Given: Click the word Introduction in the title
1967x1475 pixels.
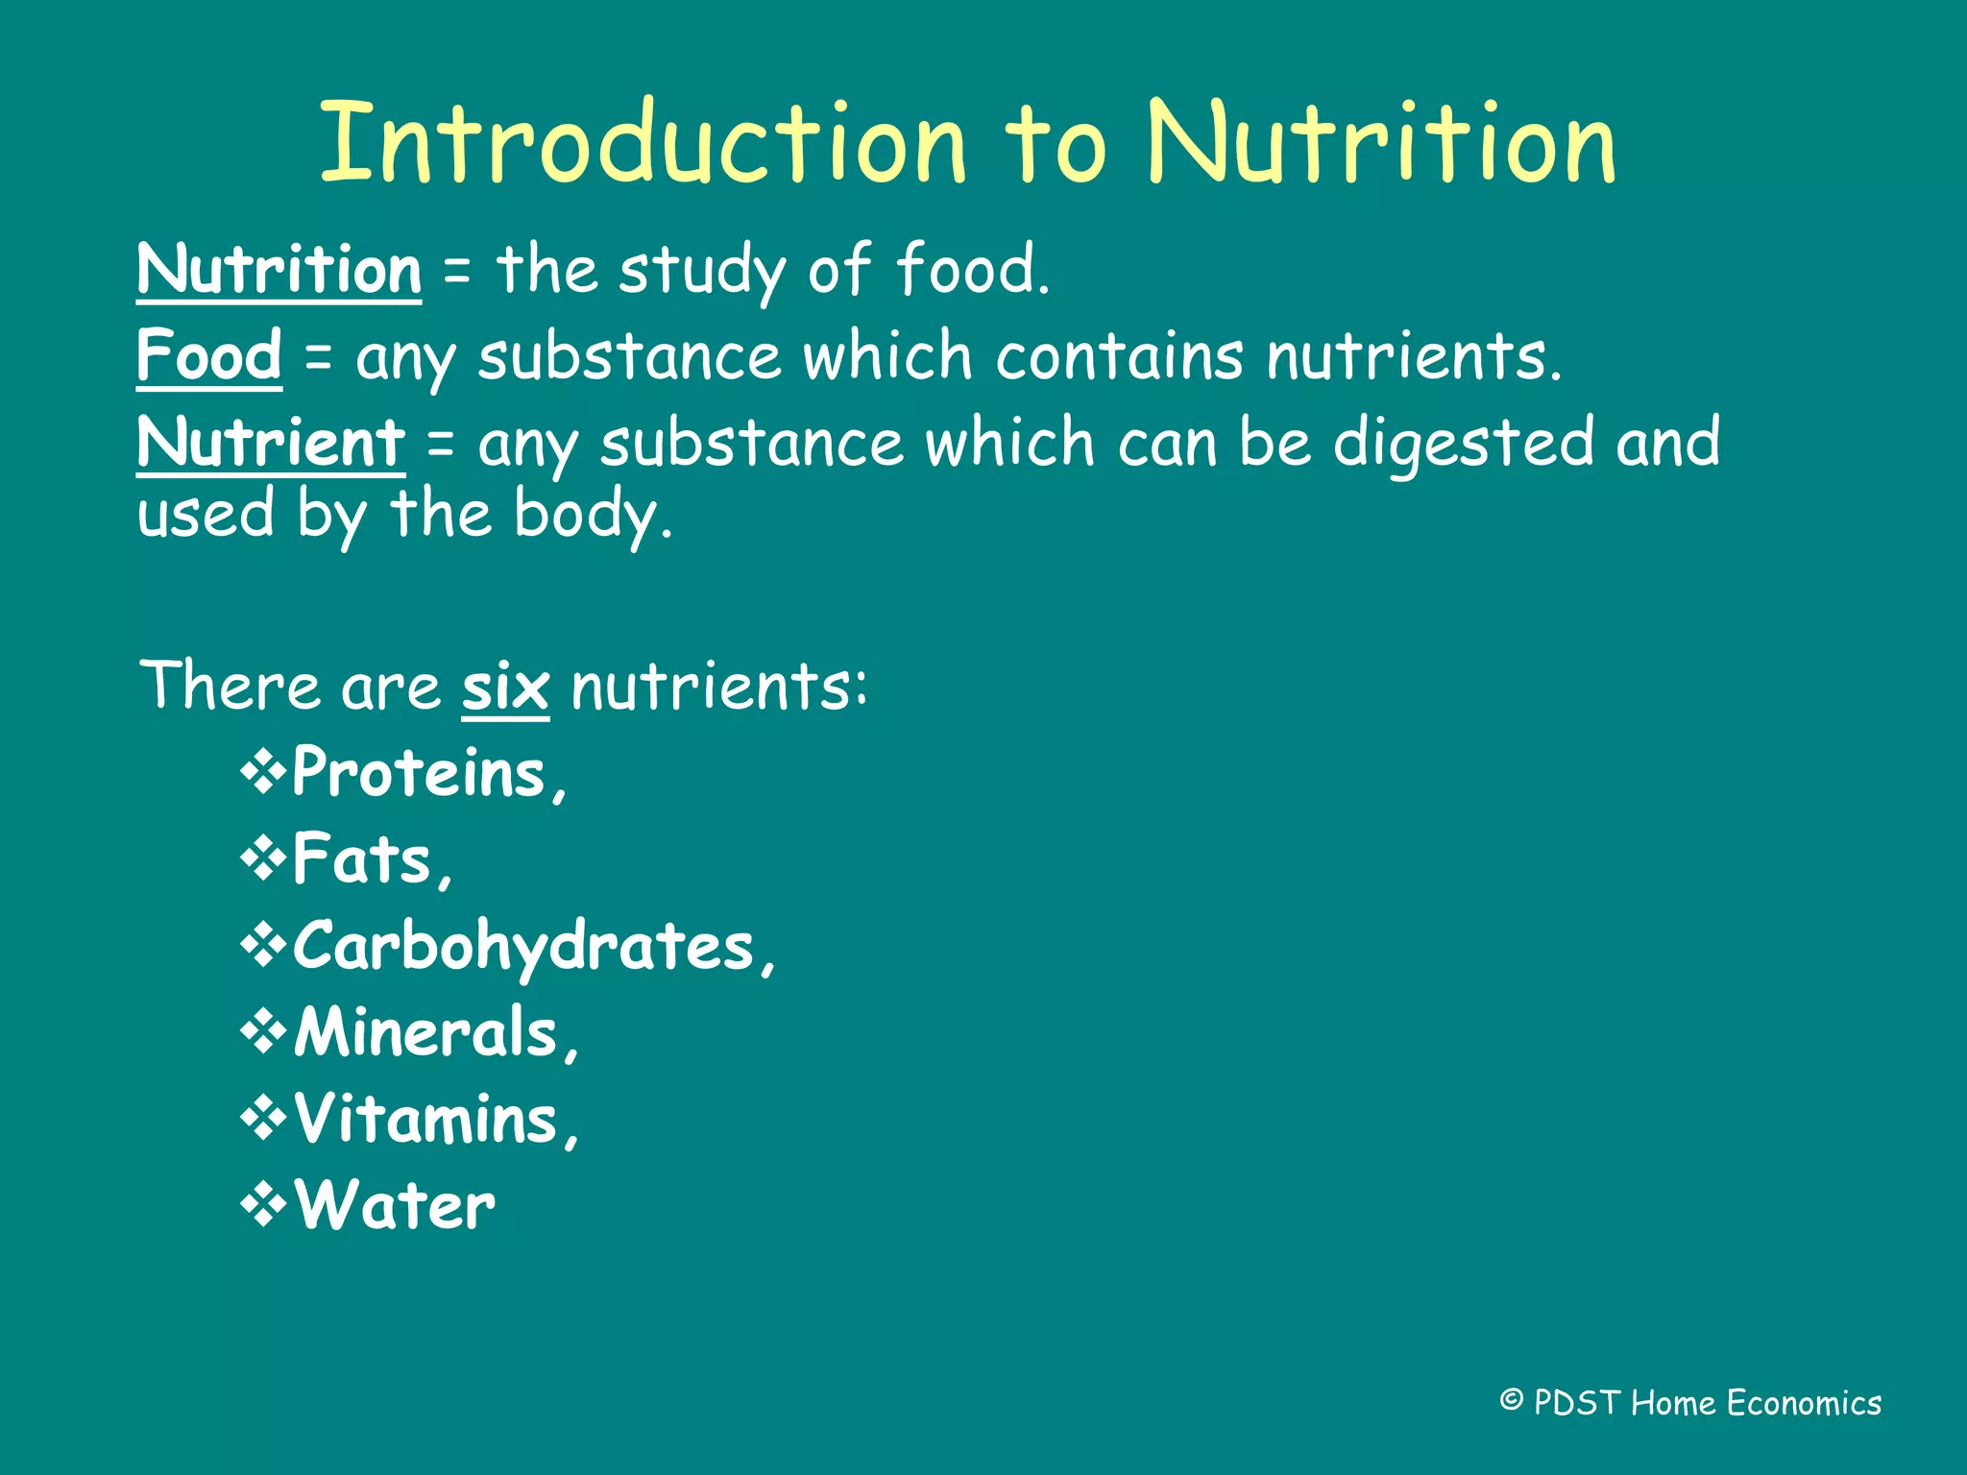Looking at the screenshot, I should (x=642, y=143).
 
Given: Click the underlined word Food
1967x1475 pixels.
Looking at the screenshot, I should (x=209, y=355).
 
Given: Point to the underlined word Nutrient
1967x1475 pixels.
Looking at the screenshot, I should (x=271, y=443).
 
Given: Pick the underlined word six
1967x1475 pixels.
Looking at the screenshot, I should (x=505, y=688).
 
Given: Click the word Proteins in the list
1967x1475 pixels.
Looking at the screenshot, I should (x=420, y=773).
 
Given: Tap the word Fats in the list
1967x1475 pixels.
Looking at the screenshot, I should (x=362, y=859).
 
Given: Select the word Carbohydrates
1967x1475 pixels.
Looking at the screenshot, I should (x=524, y=947).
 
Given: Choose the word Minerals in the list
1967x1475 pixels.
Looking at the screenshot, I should (x=425, y=1033).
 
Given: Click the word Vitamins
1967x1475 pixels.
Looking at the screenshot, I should (x=425, y=1120).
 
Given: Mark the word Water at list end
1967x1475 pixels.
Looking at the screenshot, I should (x=395, y=1206).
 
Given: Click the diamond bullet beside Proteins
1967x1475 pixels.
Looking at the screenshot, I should (x=263, y=772).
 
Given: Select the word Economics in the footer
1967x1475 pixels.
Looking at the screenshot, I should (x=1804, y=1403).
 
